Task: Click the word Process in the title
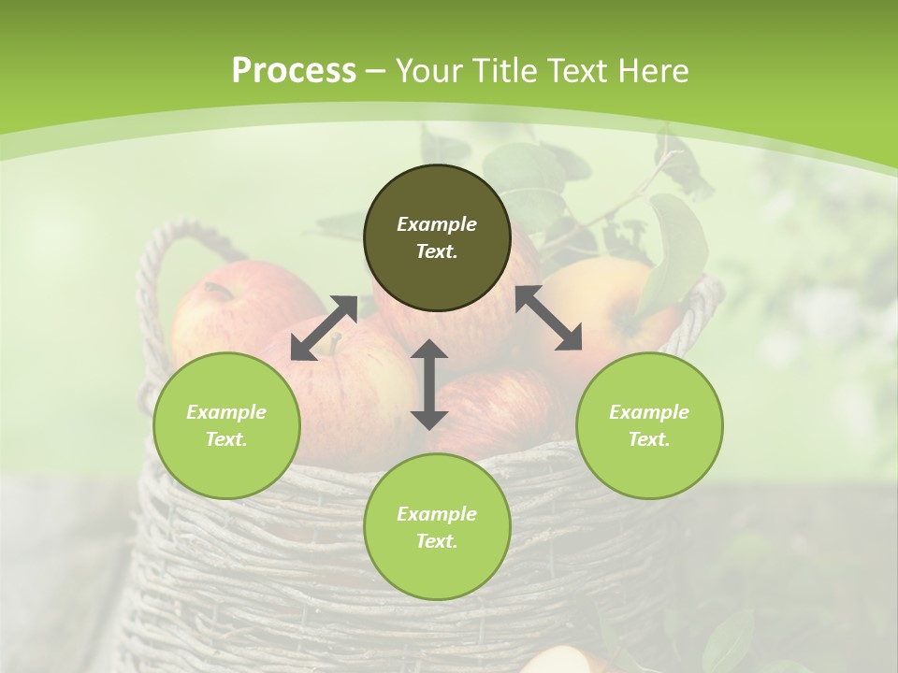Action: click(294, 71)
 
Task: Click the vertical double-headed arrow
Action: click(428, 384)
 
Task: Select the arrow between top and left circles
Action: click(324, 328)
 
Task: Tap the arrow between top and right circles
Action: click(549, 318)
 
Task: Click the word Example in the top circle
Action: click(437, 224)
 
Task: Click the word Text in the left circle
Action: click(226, 439)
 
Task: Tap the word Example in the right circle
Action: click(649, 412)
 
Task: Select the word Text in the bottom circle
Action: click(437, 541)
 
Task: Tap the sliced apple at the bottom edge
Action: click(561, 662)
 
